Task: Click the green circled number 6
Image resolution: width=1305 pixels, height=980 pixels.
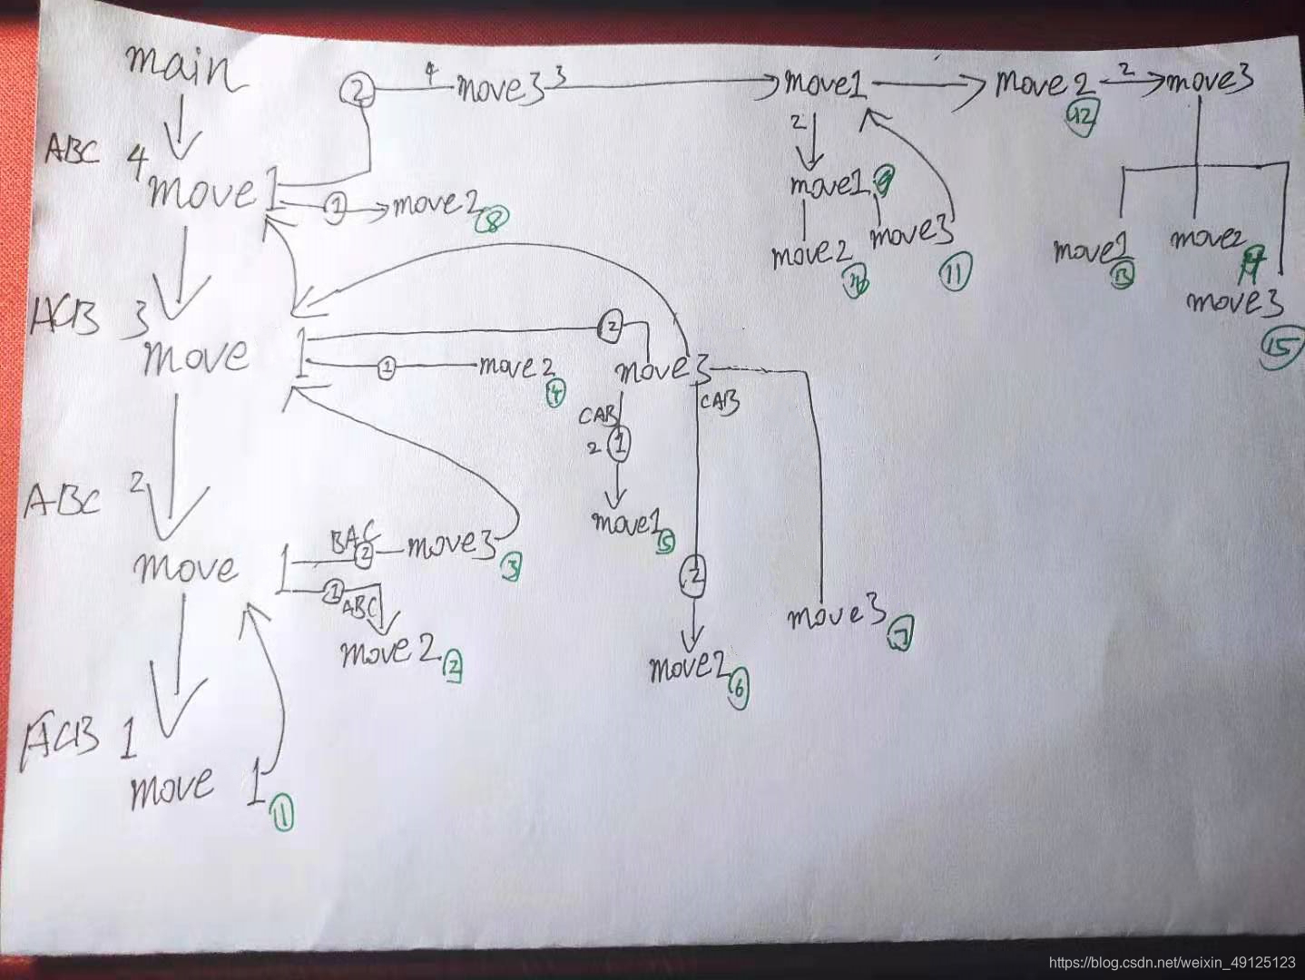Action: [x=738, y=690]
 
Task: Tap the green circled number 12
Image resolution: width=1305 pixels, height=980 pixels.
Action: [x=1083, y=119]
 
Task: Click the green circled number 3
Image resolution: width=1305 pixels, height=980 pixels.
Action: [x=511, y=567]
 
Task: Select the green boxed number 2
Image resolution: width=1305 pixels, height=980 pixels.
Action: [x=453, y=668]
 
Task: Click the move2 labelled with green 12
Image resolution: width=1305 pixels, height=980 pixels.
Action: [x=1044, y=84]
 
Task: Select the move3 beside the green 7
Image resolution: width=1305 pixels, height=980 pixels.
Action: [x=836, y=617]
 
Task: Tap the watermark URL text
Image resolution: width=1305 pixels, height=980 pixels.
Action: [x=1172, y=962]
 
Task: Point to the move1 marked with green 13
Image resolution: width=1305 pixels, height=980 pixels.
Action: [x=1084, y=250]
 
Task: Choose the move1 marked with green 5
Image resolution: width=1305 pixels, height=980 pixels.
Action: [x=623, y=524]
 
